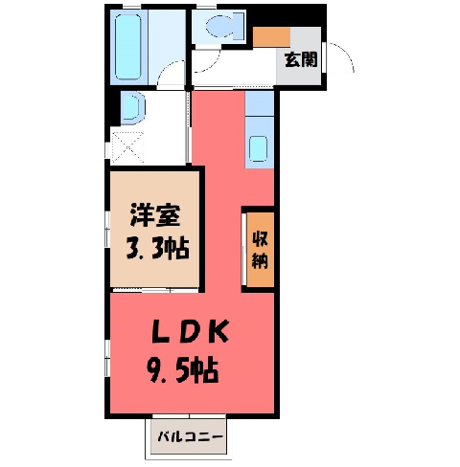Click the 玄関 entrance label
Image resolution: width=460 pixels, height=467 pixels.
[301, 59]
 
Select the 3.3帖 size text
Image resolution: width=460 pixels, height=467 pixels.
[158, 248]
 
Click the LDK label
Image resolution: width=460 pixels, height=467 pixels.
[191, 331]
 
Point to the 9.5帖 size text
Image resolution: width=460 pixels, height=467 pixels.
[183, 370]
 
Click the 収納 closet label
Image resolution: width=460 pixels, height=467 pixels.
[260, 250]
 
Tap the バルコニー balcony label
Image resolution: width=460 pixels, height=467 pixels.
[190, 436]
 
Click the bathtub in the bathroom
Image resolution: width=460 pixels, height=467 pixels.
[127, 47]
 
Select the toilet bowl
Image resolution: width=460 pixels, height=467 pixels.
[219, 26]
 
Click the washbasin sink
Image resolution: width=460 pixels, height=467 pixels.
[131, 107]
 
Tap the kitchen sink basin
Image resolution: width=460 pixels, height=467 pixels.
[258, 148]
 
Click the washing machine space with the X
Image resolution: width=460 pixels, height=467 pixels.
[127, 147]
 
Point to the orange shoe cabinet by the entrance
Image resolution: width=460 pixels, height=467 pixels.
[271, 37]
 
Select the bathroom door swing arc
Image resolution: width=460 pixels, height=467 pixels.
[168, 69]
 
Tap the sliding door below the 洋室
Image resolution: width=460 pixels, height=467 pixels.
[155, 291]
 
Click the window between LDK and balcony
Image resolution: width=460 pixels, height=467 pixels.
[189, 416]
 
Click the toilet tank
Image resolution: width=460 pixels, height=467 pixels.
[239, 26]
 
